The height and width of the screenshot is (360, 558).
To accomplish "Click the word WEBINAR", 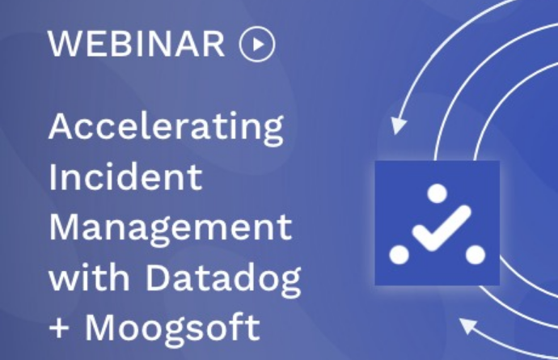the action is [137, 44].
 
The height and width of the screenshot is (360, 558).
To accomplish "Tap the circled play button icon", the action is [257, 44].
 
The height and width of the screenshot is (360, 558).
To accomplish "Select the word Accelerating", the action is [167, 128].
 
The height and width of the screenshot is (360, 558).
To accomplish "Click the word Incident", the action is [125, 176].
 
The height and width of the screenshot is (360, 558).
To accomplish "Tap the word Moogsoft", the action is [172, 329].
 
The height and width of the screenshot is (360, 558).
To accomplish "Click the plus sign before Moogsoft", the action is [59, 328].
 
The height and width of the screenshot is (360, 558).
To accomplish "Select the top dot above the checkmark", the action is [437, 193].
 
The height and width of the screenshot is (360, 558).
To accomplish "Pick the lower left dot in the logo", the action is [399, 255].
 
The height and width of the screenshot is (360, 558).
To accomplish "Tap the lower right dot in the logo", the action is [476, 255].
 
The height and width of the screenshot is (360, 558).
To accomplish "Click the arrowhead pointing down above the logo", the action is [398, 125].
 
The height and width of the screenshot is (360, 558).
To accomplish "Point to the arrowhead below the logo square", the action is [467, 324].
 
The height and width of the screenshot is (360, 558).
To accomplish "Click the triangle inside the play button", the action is [258, 44].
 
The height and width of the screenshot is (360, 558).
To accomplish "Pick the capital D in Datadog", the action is [157, 277].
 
